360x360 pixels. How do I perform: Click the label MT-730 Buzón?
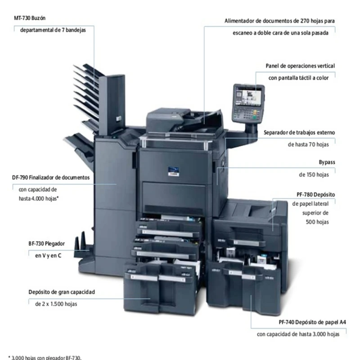pyautogui.click(x=30, y=18)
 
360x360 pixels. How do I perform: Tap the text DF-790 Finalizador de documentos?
pyautogui.click(x=51, y=177)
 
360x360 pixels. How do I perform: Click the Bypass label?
pyautogui.click(x=327, y=162)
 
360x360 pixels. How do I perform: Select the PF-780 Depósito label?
pyautogui.click(x=315, y=194)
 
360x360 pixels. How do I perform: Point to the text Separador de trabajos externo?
pyautogui.click(x=299, y=132)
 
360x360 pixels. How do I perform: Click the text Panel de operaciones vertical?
pyautogui.click(x=300, y=66)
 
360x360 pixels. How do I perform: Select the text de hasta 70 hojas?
pyautogui.click(x=308, y=144)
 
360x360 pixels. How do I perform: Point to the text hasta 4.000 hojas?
pyautogui.click(x=39, y=198)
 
